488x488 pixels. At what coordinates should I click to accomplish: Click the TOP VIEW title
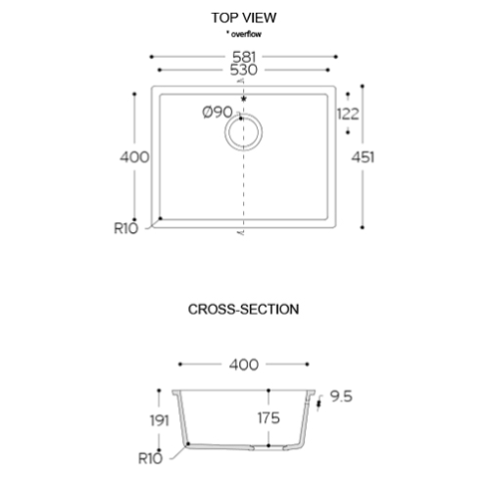coord(244,18)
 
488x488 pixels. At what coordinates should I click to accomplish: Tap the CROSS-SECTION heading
coord(243,310)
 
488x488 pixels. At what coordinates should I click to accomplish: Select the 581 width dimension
coord(244,57)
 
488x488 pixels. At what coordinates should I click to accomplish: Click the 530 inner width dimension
coord(244,70)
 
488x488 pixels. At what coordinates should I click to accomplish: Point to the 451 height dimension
coord(363,157)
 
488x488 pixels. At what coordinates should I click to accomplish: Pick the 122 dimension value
coord(348,114)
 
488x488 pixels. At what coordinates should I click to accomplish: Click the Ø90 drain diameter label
coord(218,112)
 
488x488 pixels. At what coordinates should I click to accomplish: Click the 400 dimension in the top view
coord(134,157)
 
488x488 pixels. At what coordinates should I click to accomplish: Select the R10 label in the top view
coord(125,228)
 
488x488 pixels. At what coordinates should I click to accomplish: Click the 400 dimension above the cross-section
coord(244,365)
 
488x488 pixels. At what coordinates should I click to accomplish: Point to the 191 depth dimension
coord(160,420)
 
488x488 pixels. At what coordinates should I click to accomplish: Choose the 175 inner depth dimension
coord(268,418)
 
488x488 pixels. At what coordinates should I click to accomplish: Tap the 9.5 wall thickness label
coord(341,397)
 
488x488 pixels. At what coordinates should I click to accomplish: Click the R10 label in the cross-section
coord(150,459)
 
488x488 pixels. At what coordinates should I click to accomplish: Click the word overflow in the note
coord(246,34)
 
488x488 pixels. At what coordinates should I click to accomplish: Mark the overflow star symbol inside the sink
coord(243,99)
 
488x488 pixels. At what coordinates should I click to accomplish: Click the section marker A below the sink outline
coord(242,232)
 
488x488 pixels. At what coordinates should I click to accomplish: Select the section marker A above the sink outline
coord(242,80)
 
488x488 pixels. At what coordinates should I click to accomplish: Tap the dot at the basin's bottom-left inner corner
coord(160,219)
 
